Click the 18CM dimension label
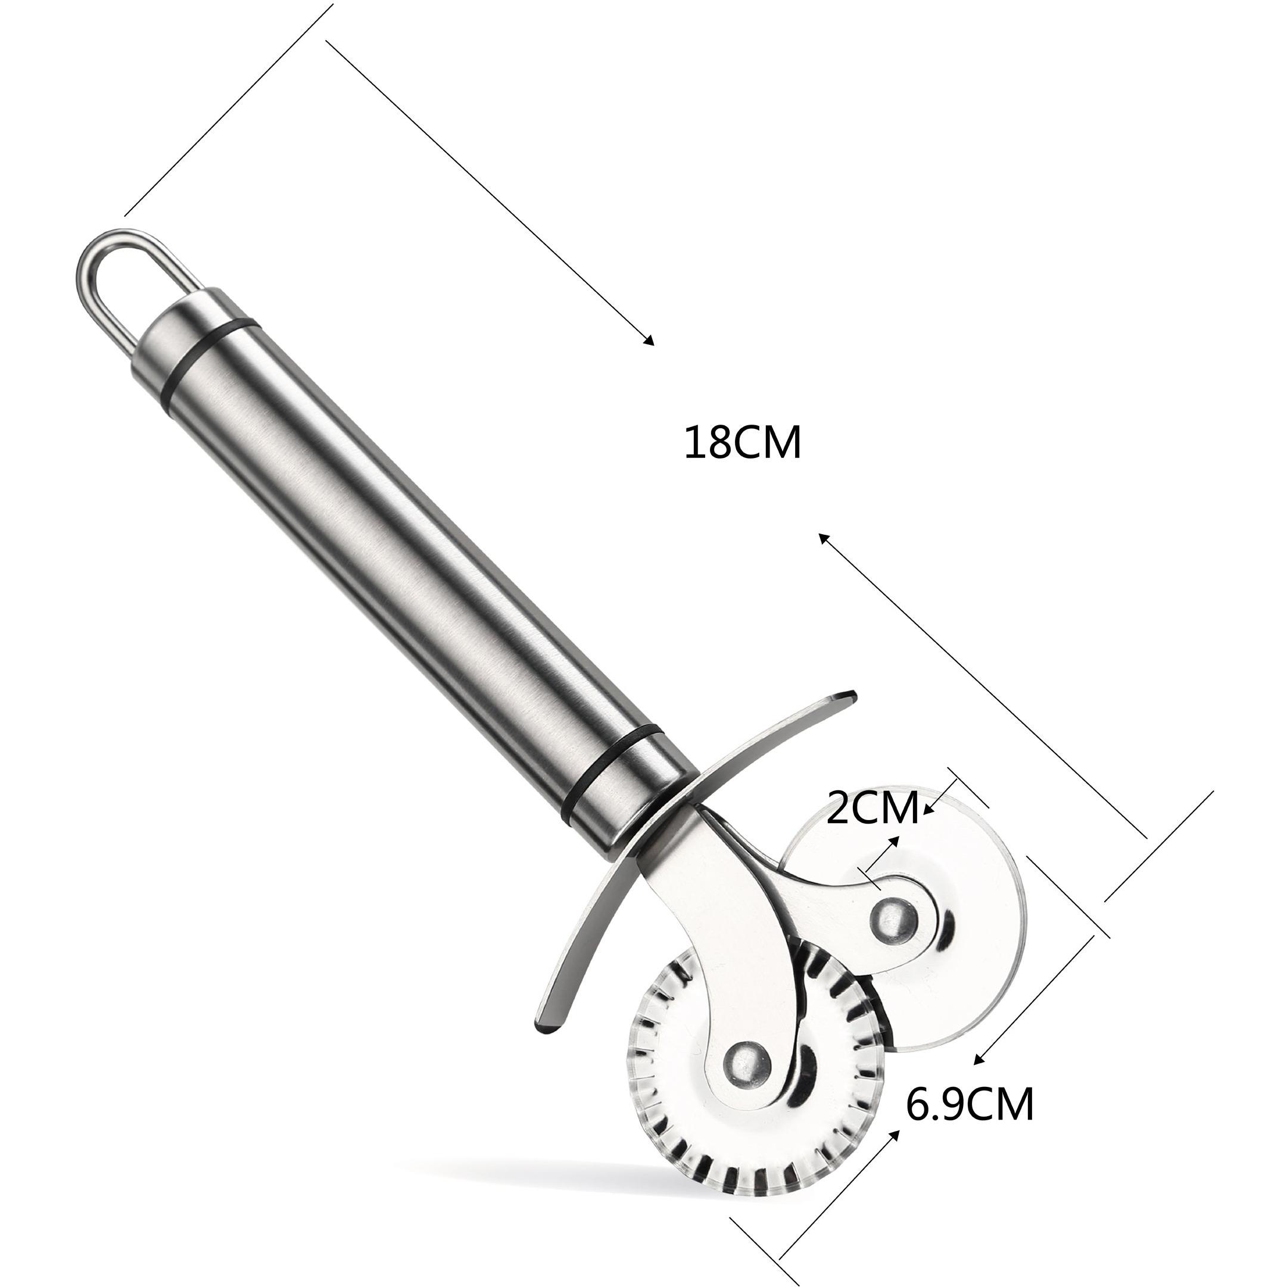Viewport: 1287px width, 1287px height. coord(743,443)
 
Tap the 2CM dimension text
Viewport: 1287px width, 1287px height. coord(872,808)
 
